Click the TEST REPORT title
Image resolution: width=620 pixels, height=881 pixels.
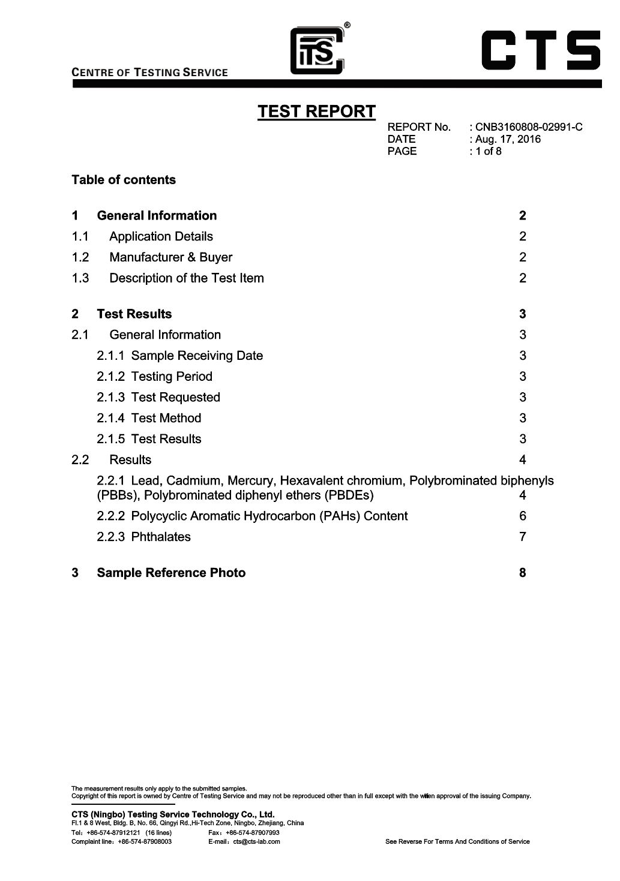[x=316, y=112]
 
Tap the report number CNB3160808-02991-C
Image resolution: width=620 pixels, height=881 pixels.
[x=529, y=127]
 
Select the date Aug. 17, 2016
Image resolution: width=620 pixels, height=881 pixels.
[x=508, y=139]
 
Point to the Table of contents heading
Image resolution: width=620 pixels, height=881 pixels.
[x=124, y=180]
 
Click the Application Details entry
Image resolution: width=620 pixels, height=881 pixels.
[x=161, y=236]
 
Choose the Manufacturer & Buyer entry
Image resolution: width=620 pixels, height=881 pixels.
[x=170, y=257]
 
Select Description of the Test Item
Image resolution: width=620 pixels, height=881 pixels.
[x=186, y=278]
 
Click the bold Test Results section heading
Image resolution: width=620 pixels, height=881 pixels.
[x=134, y=314]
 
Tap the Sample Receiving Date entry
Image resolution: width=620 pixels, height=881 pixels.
[x=197, y=356]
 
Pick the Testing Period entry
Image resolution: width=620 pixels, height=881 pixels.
[x=172, y=377]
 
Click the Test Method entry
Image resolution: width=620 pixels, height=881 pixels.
[x=166, y=418]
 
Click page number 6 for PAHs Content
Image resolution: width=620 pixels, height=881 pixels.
[x=523, y=516]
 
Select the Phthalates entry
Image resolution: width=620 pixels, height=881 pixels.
[x=160, y=537]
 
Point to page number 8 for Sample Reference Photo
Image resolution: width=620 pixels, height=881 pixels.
[x=523, y=573]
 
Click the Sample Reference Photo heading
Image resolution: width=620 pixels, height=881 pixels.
[x=171, y=573]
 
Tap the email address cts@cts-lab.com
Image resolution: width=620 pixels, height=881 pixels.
[x=257, y=841]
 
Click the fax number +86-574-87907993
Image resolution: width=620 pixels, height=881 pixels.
[x=252, y=832]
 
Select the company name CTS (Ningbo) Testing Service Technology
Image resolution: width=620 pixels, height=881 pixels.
[x=173, y=814]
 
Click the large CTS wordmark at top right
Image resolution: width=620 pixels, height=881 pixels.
[x=541, y=50]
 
